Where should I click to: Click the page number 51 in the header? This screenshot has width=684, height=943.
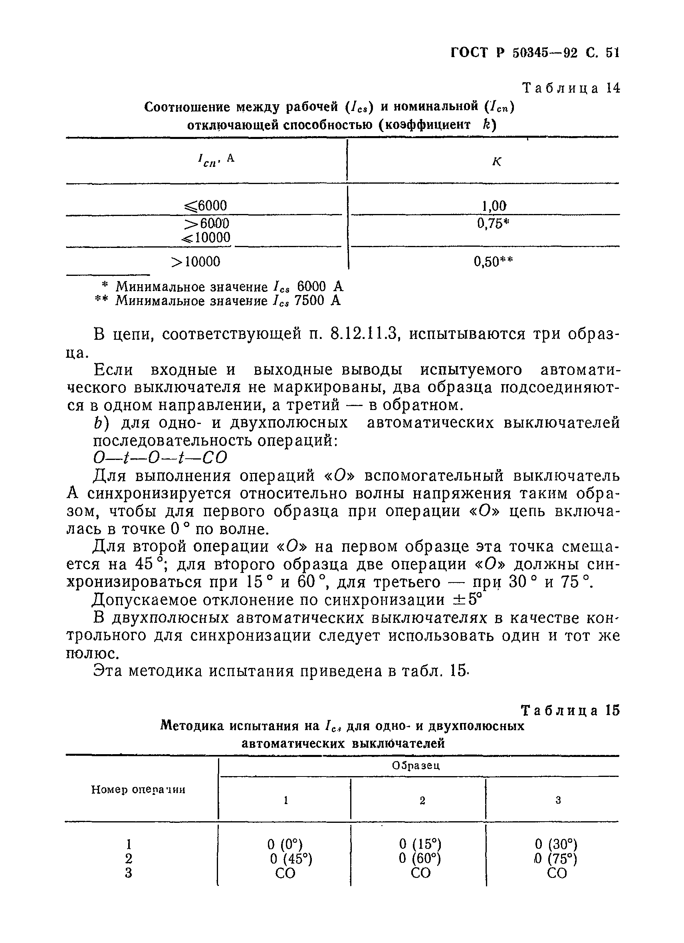(613, 53)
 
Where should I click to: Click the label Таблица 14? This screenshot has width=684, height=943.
(571, 88)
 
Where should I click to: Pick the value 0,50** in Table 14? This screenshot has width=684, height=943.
(493, 262)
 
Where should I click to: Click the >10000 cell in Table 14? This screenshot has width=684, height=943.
(196, 262)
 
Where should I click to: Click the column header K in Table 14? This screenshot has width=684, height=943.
(496, 162)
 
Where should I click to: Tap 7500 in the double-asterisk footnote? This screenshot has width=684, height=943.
(309, 301)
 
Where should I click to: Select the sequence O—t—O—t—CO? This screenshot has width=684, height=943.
(160, 458)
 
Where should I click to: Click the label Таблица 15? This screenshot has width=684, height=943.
(570, 711)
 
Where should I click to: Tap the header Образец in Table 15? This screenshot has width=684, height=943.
(416, 765)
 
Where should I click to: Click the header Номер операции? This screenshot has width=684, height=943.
(138, 789)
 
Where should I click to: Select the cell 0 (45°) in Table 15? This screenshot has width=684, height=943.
(291, 859)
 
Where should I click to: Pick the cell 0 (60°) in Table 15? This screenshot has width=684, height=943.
(420, 858)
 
